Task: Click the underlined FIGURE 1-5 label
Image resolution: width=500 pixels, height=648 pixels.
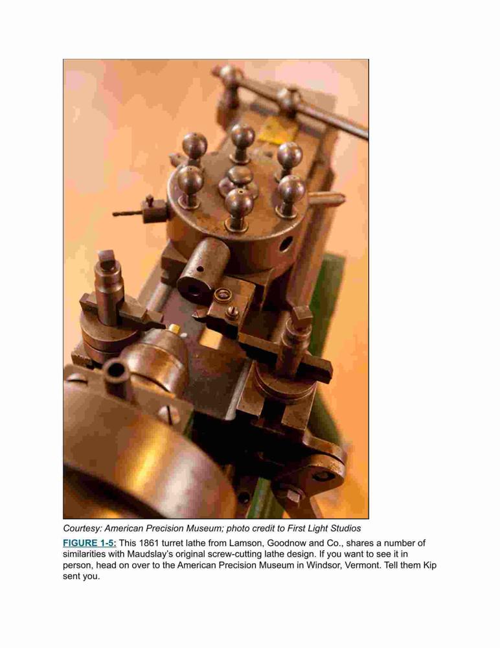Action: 89,543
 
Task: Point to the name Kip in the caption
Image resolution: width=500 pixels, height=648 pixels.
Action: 430,565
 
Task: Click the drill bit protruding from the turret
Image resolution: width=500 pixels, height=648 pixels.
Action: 128,214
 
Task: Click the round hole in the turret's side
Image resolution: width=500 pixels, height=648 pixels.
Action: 286,244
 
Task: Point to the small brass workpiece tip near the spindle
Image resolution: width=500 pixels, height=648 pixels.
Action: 174,329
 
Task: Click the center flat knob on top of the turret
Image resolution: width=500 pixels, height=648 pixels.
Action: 240,175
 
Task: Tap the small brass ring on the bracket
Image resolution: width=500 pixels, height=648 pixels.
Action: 223,295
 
